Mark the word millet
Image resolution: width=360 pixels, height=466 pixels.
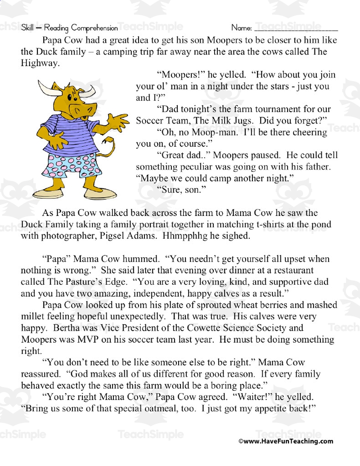click(33, 317)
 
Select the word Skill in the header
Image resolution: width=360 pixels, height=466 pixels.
click(28, 28)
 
